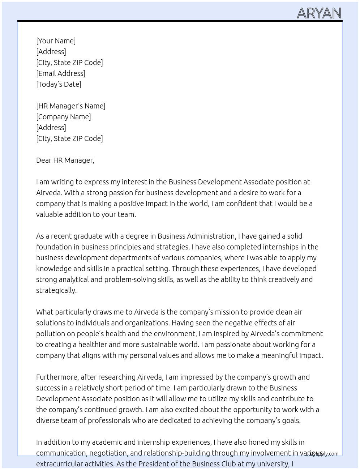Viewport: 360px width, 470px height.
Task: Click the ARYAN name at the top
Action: click(319, 13)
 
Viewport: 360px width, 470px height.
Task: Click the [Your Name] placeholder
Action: click(56, 41)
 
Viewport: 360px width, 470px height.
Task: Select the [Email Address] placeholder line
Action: click(61, 73)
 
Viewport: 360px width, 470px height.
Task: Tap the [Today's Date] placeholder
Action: click(59, 84)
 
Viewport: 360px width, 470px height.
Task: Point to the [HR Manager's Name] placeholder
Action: click(71, 106)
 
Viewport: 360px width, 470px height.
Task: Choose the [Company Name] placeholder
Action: click(64, 117)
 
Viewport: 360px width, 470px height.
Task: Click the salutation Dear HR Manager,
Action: click(65, 160)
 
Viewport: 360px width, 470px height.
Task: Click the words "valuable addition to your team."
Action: click(86, 214)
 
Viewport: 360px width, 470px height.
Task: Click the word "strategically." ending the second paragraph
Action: click(56, 290)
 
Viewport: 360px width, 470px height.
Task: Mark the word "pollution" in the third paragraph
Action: click(51, 334)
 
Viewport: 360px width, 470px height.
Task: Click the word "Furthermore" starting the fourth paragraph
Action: click(57, 377)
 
